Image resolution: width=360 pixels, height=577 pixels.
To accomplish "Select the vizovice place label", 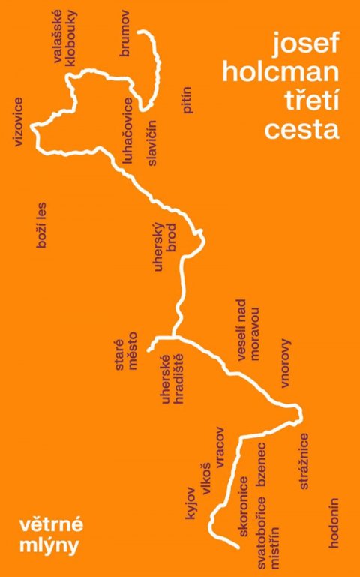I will [19, 120].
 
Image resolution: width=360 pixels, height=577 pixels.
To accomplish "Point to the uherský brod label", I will [164, 247].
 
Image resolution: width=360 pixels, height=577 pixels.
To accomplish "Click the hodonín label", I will [335, 523].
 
